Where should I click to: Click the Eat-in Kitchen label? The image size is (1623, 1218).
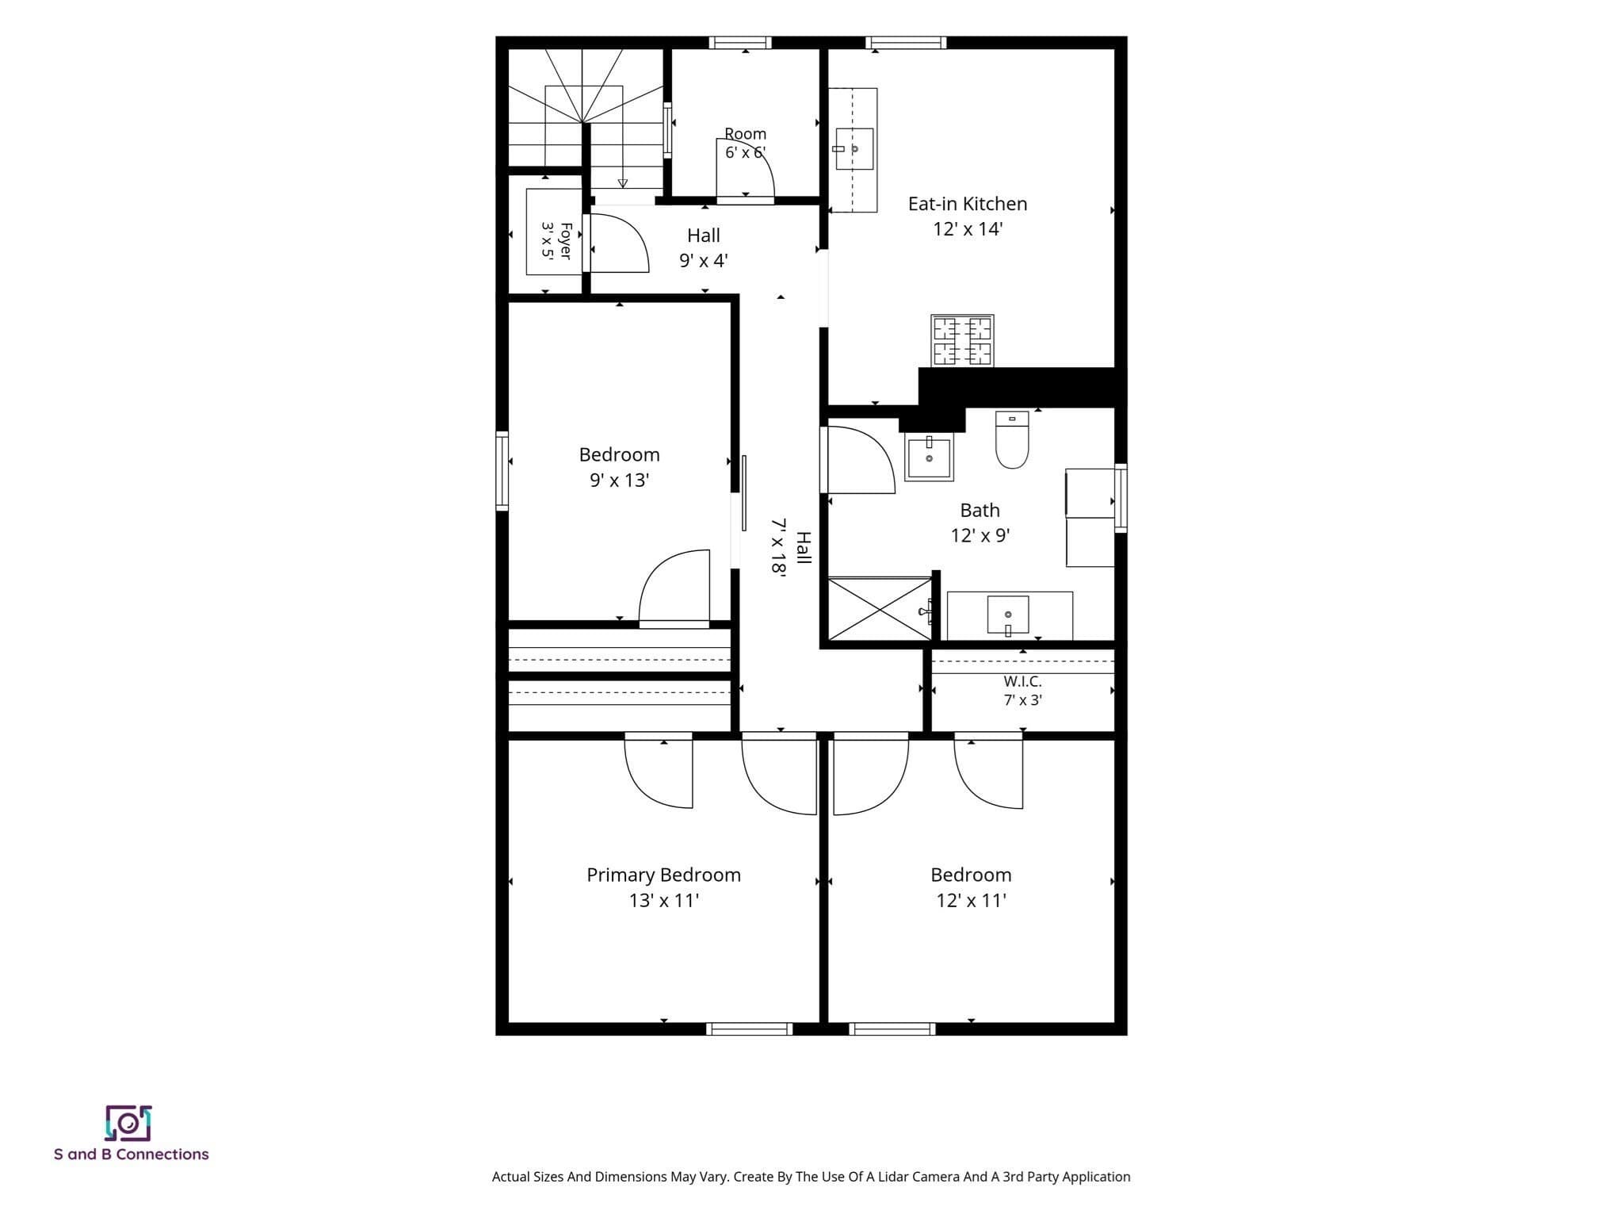click(968, 204)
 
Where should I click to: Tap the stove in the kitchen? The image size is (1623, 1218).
click(963, 341)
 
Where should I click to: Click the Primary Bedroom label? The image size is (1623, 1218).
click(663, 875)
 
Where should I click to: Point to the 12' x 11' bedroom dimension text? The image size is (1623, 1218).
click(971, 900)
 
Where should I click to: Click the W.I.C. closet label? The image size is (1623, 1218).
click(1022, 681)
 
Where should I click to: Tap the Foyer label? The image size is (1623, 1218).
click(566, 240)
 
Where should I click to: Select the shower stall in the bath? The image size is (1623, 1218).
click(880, 608)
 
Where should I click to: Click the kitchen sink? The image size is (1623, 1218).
click(854, 149)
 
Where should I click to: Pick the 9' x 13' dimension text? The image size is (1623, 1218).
click(619, 480)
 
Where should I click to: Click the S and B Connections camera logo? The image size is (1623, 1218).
click(128, 1123)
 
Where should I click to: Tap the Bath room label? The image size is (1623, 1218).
click(980, 510)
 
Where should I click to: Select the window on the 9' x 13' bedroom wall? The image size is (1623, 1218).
click(502, 470)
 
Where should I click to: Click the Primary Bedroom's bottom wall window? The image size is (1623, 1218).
click(750, 1028)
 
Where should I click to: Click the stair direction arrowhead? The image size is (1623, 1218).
click(623, 183)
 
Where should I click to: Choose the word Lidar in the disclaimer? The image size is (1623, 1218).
click(883, 1177)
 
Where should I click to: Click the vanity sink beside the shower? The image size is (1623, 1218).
click(1008, 615)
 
